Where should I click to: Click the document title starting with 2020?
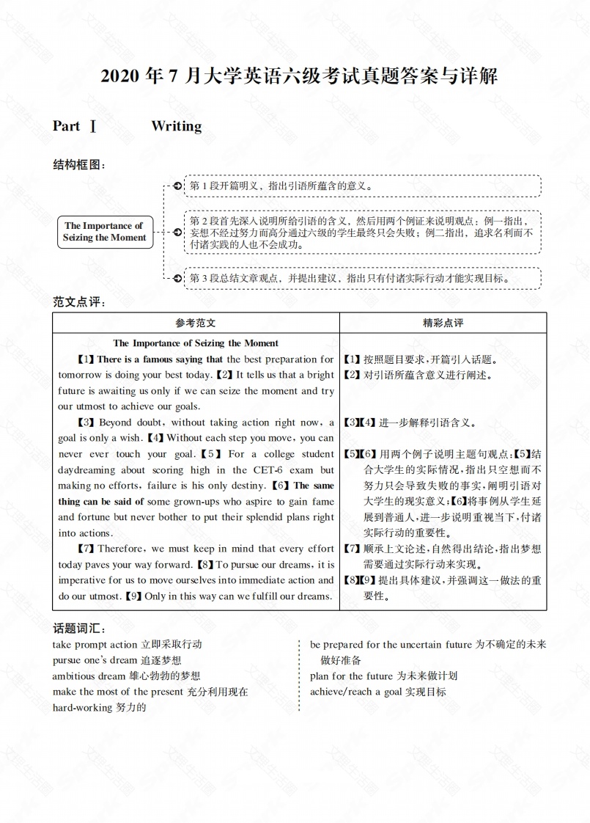pos(295,76)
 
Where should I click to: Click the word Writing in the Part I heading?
pos(176,126)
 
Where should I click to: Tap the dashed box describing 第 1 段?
pos(361,186)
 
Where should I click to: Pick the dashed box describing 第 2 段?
pos(361,232)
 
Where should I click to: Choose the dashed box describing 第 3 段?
pos(361,279)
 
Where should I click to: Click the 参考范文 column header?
pos(196,323)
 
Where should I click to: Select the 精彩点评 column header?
pos(443,323)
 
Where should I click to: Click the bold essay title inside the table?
pos(196,343)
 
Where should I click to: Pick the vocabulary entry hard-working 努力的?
pos(100,708)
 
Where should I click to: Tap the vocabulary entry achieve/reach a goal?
pos(377,692)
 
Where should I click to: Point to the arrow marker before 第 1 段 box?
pos(177,186)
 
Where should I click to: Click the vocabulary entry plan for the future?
pos(383,676)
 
